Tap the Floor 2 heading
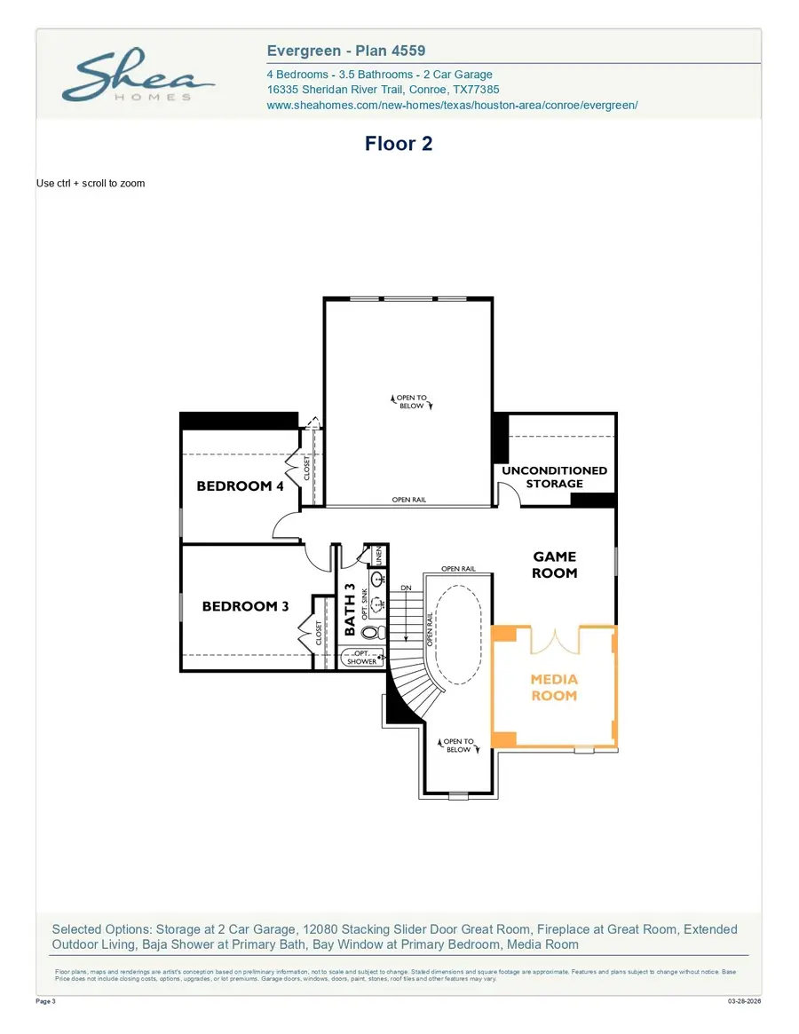pyautogui.click(x=399, y=144)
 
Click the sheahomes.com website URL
pyautogui.click(x=452, y=105)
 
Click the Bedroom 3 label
pyautogui.click(x=245, y=607)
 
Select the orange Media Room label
pyautogui.click(x=554, y=688)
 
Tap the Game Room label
pyautogui.click(x=554, y=564)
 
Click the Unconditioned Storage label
pyautogui.click(x=554, y=477)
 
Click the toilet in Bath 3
pyautogui.click(x=369, y=633)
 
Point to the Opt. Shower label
pyautogui.click(x=361, y=658)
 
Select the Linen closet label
pyautogui.click(x=378, y=556)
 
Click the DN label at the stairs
pyautogui.click(x=406, y=588)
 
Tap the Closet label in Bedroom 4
pyautogui.click(x=308, y=469)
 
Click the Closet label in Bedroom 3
pyautogui.click(x=319, y=632)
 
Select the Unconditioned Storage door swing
pyautogui.click(x=508, y=493)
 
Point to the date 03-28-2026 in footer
pyautogui.click(x=743, y=1001)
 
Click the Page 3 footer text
pyautogui.click(x=46, y=1001)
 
